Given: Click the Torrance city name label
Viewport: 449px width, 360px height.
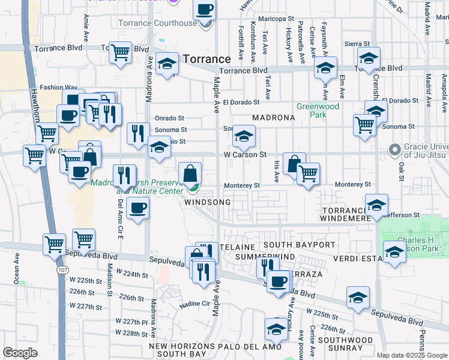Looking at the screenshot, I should click(x=206, y=59).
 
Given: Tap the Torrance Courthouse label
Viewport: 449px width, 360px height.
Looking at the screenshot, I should click(x=165, y=23).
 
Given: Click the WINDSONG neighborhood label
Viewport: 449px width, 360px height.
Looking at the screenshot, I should click(x=207, y=203).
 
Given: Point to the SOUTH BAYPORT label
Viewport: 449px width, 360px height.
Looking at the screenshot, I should click(x=299, y=245).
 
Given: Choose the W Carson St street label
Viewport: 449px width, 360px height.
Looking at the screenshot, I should click(x=245, y=155).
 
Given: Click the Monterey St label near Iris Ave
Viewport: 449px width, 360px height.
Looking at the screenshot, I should click(x=241, y=185).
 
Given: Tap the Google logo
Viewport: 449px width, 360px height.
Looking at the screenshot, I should click(x=20, y=353).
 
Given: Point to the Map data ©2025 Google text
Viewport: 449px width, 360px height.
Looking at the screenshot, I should click(x=411, y=355).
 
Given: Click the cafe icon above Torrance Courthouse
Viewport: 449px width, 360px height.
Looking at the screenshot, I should click(x=205, y=9).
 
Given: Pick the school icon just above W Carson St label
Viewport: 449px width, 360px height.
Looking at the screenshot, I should click(x=244, y=137).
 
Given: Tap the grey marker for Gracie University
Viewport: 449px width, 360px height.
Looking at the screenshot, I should click(x=394, y=149).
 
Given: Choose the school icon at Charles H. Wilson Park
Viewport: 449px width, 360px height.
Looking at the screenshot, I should click(x=394, y=252).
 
